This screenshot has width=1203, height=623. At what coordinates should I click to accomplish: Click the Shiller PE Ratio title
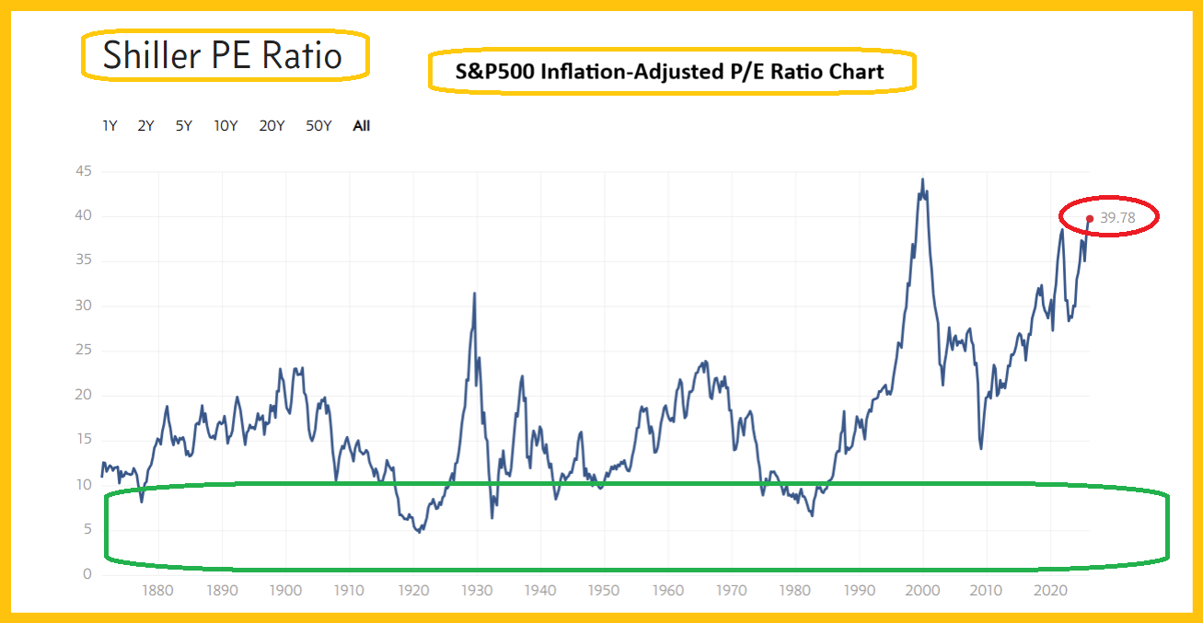coord(223,55)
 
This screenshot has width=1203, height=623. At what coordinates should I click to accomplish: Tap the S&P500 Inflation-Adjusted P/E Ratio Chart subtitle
coord(670,72)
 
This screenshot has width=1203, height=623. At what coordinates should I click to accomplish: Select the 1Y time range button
coord(110,126)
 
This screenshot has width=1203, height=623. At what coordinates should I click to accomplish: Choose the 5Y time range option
coord(184,126)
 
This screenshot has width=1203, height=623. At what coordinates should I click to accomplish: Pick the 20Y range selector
coord(272,126)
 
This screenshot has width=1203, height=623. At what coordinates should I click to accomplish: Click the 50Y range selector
coord(318,126)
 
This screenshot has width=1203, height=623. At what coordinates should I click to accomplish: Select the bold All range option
coord(362,126)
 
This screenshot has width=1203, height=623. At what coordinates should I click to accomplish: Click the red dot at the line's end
coord(1090,219)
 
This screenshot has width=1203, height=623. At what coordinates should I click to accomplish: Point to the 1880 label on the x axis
coord(158,591)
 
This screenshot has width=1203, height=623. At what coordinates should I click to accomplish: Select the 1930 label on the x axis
coord(477,591)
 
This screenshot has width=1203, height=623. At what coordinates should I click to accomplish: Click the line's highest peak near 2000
coord(922,179)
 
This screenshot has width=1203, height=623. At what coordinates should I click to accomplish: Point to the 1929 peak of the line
coord(474,294)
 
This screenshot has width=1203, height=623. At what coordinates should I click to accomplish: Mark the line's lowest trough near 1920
coord(419,532)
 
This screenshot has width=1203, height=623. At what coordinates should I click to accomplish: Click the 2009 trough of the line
coord(981,448)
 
